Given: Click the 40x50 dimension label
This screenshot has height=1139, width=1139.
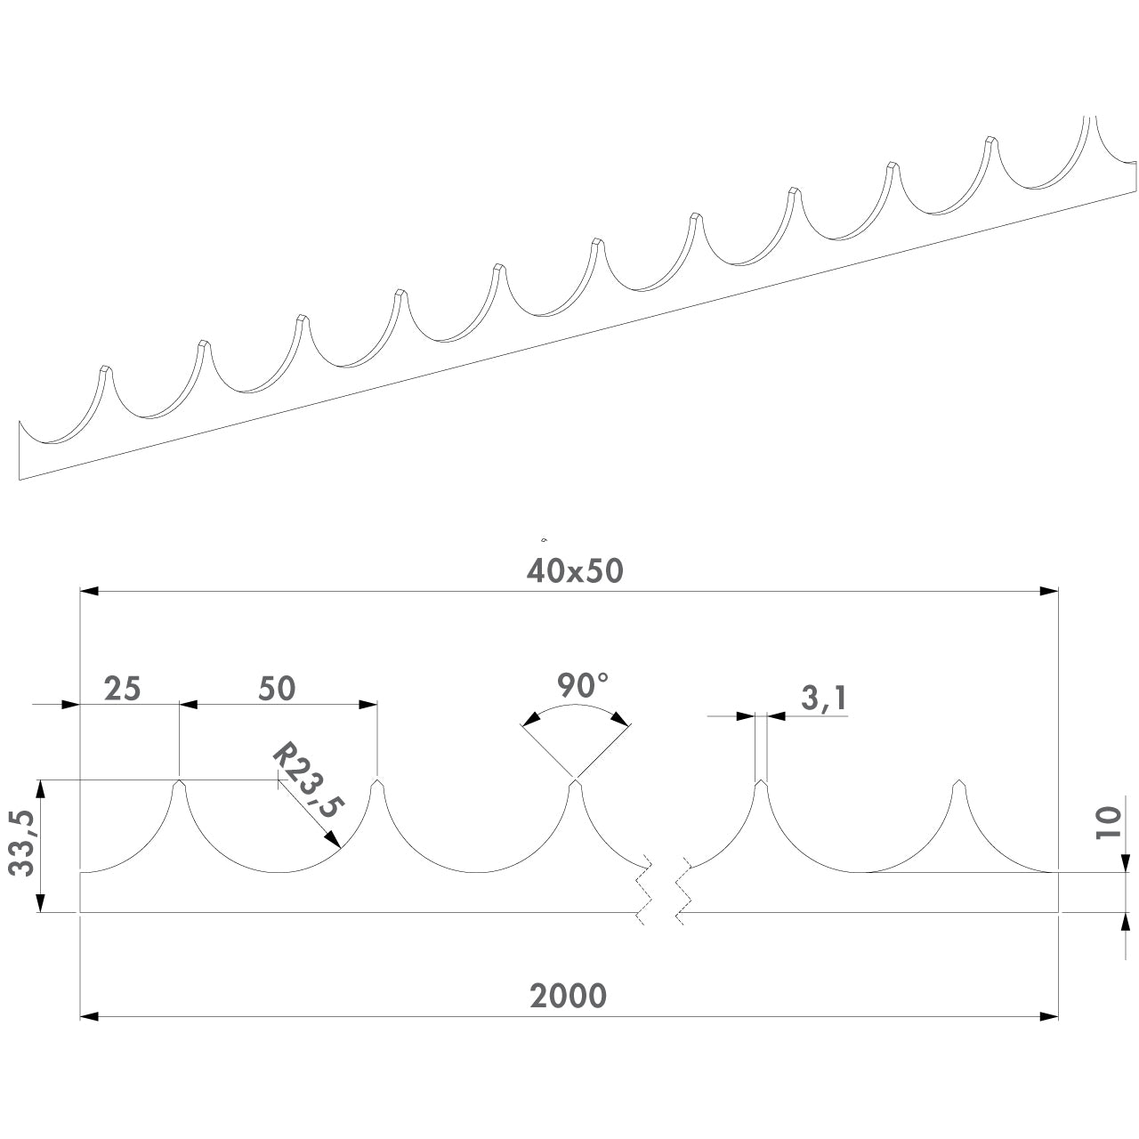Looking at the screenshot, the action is pos(575,571).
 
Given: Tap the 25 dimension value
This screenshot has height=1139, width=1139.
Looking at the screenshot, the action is pos(122,689).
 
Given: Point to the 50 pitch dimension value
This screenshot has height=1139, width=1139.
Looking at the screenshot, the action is pos(277,689).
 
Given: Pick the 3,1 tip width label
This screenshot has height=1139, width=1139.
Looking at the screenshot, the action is pos(824,698).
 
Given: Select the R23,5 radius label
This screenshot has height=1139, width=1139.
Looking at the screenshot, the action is pos(308,780).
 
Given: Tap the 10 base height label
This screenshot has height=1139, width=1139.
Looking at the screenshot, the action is pos(1108,821).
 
